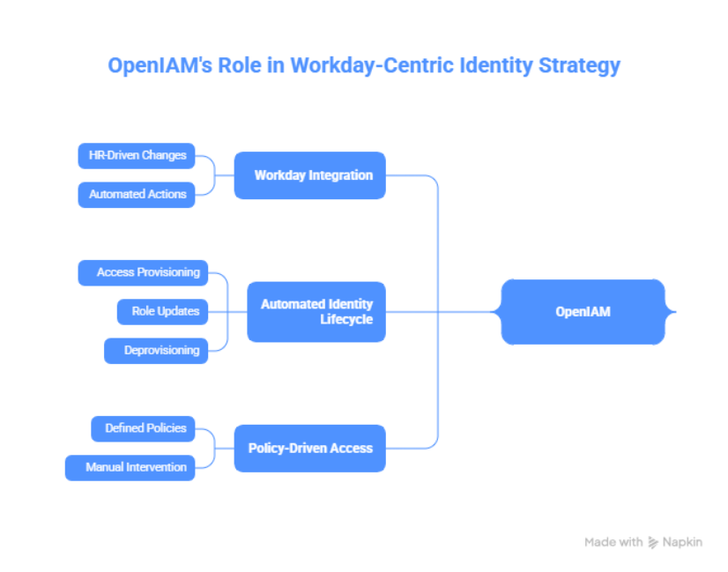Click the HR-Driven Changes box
[137, 156]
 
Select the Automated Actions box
[137, 194]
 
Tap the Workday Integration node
[309, 175]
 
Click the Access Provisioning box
[144, 272]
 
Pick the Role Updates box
[163, 311]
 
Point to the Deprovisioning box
[156, 350]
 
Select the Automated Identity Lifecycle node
[316, 311]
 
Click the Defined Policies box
[144, 428]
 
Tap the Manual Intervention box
[130, 467]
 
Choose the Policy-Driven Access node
[309, 448]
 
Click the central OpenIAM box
[583, 311]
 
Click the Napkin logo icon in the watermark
[653, 543]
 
